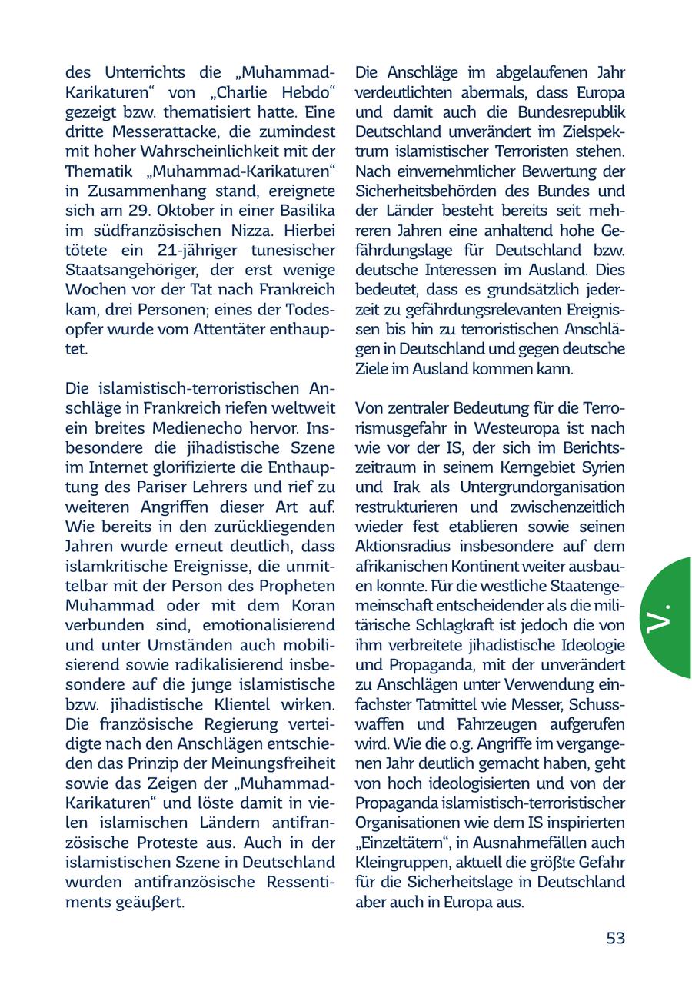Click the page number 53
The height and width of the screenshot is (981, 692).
[x=615, y=938]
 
